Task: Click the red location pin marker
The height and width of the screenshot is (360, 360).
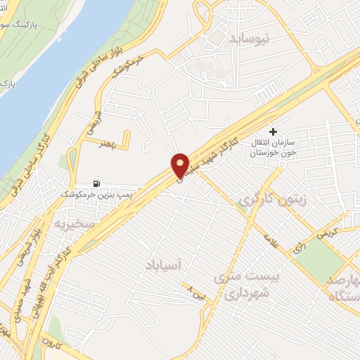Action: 180,165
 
